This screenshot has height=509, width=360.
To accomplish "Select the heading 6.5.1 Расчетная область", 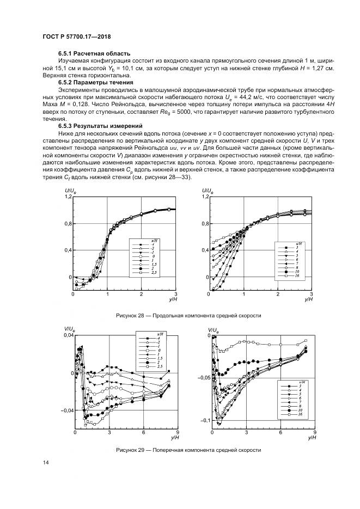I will point(94,53).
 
